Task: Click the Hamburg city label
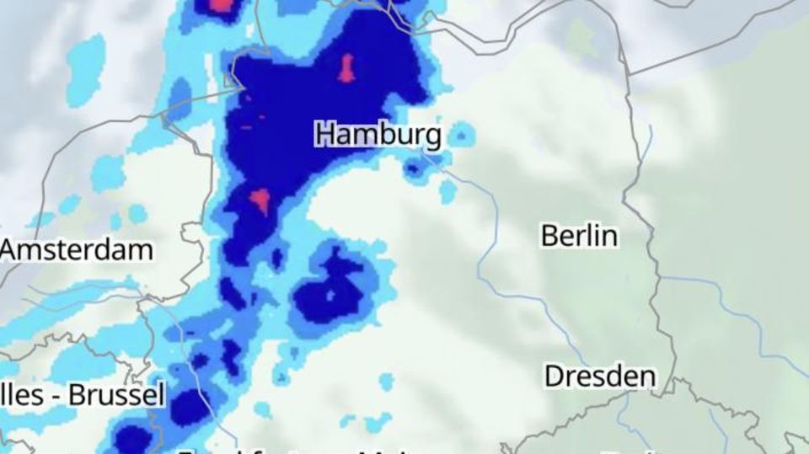point(378,134)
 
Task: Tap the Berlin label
point(579,236)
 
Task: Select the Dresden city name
point(599,376)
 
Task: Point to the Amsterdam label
point(78,249)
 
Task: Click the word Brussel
point(116,395)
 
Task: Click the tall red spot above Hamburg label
point(346,67)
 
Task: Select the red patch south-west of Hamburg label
point(260,200)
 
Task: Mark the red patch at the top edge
point(220,5)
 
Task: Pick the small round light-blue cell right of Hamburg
point(461,134)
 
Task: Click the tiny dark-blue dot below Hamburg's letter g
point(414,168)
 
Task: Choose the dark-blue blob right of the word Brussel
point(190,409)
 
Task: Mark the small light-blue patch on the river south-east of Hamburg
point(447,191)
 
